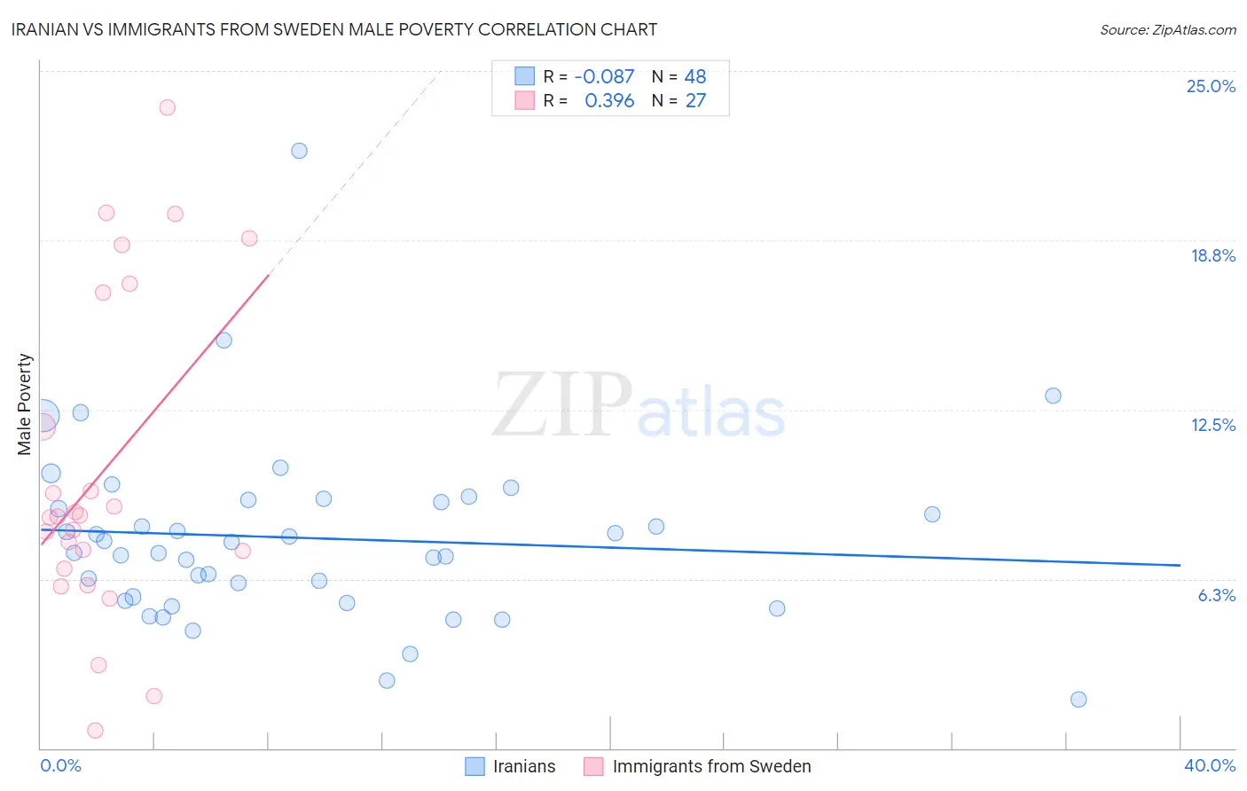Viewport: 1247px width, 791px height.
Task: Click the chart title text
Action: tap(334, 29)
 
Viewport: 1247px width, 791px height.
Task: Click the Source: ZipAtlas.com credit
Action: tap(1167, 30)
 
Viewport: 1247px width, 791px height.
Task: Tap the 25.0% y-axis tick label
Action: tap(1211, 86)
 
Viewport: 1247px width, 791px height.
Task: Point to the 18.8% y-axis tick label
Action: tap(1212, 255)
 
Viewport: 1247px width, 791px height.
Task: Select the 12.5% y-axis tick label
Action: tap(1212, 425)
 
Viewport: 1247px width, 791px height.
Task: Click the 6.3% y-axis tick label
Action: tap(1216, 595)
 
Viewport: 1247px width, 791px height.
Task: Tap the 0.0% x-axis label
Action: tap(60, 765)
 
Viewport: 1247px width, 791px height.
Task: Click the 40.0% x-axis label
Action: tap(1209, 765)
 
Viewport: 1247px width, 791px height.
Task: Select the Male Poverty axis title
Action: tap(25, 404)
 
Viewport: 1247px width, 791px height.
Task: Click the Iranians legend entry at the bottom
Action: tap(523, 766)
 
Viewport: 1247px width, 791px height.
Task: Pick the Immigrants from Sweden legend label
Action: tap(711, 766)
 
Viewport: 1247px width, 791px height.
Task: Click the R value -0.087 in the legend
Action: tap(604, 77)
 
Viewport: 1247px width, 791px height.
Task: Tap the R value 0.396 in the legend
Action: tap(609, 101)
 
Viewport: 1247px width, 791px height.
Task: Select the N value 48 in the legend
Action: tap(695, 77)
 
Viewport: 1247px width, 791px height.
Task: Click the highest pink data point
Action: tap(167, 107)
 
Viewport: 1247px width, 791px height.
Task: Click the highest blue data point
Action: tap(299, 151)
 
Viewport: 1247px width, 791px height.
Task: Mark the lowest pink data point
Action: tap(95, 731)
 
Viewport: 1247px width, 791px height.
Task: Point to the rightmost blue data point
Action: tap(1078, 700)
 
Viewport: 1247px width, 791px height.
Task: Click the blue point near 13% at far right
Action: tap(1053, 395)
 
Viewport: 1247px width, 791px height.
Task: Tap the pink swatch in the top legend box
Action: tap(525, 100)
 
